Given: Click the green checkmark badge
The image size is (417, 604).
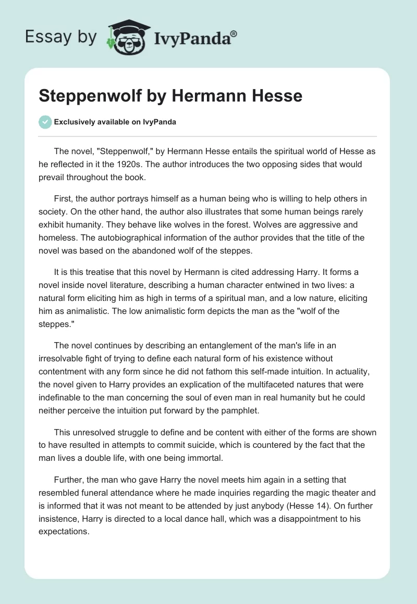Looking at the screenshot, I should point(45,122).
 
